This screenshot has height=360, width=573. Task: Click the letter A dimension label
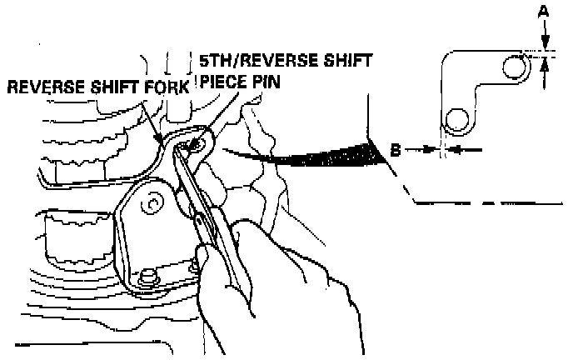tap(544, 12)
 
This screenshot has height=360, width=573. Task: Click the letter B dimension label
tap(398, 149)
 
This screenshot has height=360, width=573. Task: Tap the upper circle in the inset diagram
tap(516, 66)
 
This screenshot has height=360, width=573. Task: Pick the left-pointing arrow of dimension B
tap(462, 150)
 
